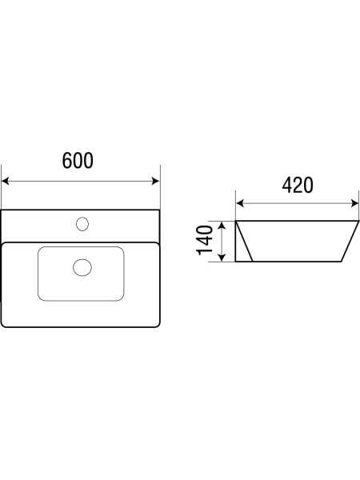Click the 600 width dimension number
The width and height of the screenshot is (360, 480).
78,161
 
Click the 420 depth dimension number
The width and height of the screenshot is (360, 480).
298,185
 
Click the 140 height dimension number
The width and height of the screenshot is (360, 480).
205,240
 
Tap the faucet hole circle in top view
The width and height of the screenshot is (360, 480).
82,224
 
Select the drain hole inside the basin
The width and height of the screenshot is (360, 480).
82,267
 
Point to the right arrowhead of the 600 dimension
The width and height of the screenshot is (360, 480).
155,181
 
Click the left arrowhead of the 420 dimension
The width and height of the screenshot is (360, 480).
240,203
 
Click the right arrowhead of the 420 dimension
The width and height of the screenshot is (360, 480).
354,203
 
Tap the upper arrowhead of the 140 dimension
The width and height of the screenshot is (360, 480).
222,226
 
